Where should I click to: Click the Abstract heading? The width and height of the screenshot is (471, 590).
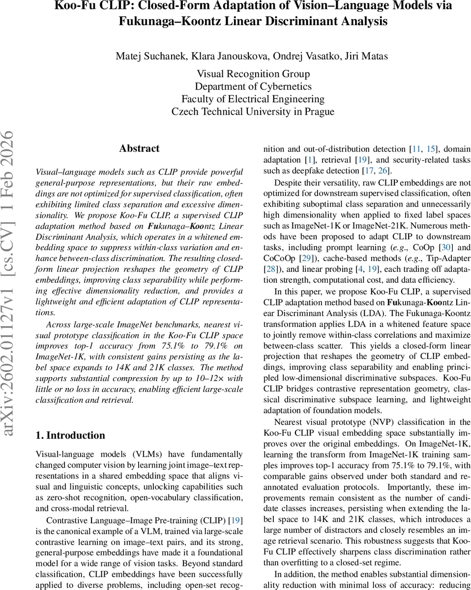tap(139, 148)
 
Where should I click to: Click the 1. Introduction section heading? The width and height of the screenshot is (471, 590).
tap(70, 435)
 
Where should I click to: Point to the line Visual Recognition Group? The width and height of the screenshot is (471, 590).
tap(253, 74)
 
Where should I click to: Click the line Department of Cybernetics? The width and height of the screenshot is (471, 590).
tap(253, 87)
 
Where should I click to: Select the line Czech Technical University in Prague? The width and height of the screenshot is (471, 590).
tap(253, 112)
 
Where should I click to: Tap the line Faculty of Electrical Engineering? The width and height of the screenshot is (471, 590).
tap(253, 99)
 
